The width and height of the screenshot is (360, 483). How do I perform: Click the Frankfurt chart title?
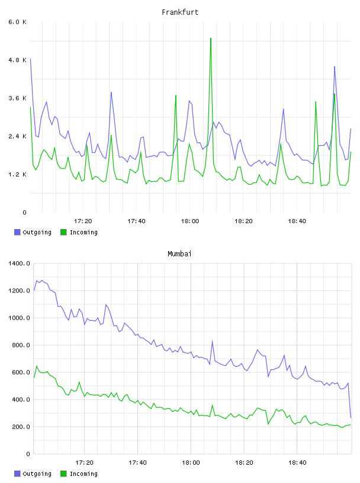(180, 12)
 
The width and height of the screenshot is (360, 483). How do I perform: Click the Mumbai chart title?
(179, 254)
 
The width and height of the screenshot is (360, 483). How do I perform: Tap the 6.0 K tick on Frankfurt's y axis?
(18, 22)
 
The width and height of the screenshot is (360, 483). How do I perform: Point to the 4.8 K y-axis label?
(18, 60)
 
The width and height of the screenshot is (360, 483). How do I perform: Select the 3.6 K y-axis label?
(18, 98)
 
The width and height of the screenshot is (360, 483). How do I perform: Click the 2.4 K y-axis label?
(18, 137)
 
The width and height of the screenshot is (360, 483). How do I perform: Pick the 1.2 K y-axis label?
(18, 175)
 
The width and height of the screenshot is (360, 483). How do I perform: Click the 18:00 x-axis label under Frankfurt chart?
(190, 221)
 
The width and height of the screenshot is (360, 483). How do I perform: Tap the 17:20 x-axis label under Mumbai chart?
(84, 463)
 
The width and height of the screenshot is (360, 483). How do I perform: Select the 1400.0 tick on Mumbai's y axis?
(19, 263)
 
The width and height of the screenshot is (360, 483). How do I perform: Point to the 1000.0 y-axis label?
(19, 318)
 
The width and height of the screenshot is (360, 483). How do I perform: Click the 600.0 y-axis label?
(21, 372)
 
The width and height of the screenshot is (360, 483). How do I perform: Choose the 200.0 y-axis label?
(21, 427)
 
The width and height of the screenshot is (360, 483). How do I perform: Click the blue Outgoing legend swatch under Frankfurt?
(17, 232)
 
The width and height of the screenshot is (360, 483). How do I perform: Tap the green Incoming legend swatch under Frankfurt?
(63, 232)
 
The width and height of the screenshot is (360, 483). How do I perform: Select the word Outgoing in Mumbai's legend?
(37, 474)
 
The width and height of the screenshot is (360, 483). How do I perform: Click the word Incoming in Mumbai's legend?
(83, 474)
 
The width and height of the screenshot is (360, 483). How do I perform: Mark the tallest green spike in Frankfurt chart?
(211, 38)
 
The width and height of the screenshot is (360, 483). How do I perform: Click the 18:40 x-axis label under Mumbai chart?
(297, 463)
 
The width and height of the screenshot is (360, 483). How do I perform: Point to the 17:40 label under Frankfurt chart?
(136, 221)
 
